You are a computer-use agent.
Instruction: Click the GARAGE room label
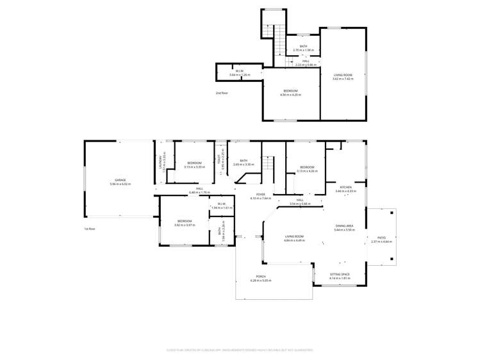coord(120,180)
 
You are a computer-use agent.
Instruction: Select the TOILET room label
coord(218,162)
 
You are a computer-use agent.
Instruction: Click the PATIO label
coord(381,238)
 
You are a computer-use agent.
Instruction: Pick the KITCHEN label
coord(345,187)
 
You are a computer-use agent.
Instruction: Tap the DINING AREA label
coord(344,226)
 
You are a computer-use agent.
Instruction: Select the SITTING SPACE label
coord(340,274)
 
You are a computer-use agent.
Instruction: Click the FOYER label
coord(261,194)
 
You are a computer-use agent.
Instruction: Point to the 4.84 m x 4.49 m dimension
coord(295,240)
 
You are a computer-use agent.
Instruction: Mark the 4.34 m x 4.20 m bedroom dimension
coord(290,95)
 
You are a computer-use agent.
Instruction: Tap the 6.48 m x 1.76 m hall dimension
coord(199,192)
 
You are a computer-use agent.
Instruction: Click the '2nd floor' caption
coord(222,93)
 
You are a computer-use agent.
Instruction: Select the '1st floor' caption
coord(90,229)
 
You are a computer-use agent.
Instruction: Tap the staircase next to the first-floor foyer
coord(269,172)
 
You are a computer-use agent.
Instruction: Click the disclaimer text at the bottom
coord(240,350)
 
